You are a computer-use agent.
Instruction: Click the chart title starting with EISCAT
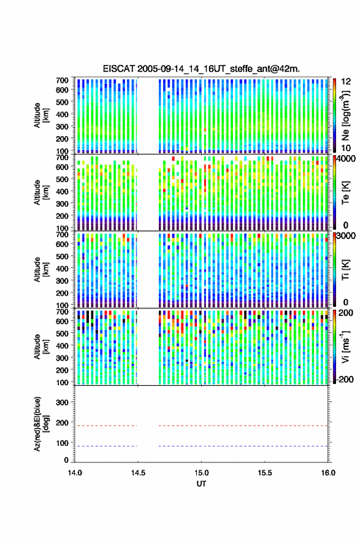(x=201, y=69)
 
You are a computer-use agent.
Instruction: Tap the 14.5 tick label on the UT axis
(x=138, y=473)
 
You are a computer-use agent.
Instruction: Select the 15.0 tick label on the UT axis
(x=201, y=473)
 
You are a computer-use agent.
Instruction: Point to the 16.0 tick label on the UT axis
(x=327, y=473)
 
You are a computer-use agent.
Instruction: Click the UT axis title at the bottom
(x=201, y=484)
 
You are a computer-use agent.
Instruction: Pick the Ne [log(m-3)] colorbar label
(x=345, y=115)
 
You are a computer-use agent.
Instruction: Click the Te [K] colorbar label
(x=345, y=193)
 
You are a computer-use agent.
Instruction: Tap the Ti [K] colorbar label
(x=345, y=270)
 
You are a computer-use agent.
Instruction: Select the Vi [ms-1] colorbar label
(x=345, y=346)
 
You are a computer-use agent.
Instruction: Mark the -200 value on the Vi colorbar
(x=345, y=380)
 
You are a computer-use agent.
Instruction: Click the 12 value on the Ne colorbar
(x=346, y=82)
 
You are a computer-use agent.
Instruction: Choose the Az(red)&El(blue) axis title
(x=40, y=424)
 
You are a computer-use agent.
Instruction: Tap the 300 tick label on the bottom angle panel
(x=62, y=402)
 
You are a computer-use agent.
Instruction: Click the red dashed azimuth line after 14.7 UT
(x=243, y=426)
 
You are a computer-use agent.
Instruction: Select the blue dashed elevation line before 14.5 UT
(x=106, y=446)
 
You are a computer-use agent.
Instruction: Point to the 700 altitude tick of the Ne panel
(x=62, y=80)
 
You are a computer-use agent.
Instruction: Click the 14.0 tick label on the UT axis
(x=75, y=473)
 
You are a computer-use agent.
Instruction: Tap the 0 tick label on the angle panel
(x=66, y=460)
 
